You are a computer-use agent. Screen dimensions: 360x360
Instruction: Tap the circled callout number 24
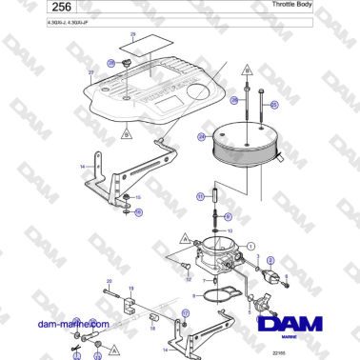(201, 136)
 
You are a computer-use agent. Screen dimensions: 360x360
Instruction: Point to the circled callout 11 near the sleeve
(201, 196)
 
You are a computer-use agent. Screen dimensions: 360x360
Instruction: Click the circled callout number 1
(250, 246)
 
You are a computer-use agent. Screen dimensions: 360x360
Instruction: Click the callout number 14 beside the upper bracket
(83, 167)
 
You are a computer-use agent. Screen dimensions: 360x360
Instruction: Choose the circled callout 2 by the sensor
(270, 260)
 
